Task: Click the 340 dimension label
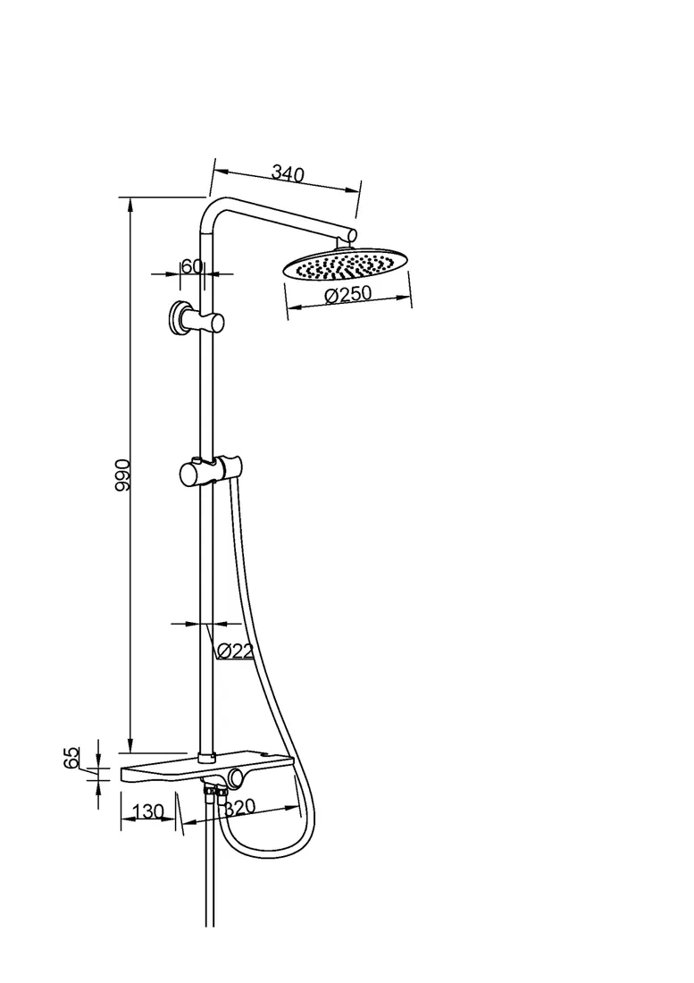tap(288, 172)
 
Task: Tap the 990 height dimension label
tap(122, 475)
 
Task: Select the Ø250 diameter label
tap(348, 294)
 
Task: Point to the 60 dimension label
tap(192, 265)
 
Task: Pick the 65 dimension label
tap(71, 757)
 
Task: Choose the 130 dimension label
tap(147, 811)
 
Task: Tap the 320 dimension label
tap(240, 808)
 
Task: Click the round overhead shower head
tap(340, 265)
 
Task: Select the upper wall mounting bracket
tap(196, 319)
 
